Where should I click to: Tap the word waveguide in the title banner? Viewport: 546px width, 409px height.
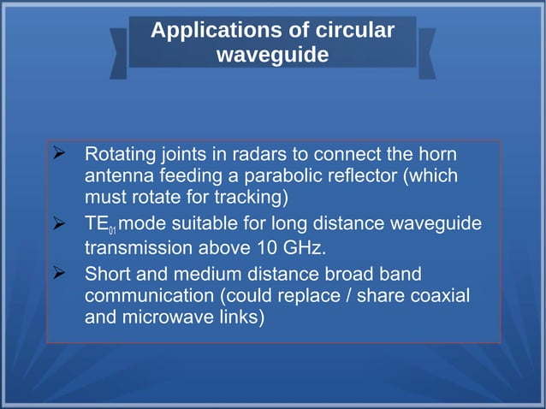[x=272, y=55]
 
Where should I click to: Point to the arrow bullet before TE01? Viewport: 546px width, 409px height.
[x=60, y=223]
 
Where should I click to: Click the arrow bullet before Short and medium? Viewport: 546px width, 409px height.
[x=60, y=275]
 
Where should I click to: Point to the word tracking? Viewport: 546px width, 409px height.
[x=254, y=197]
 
